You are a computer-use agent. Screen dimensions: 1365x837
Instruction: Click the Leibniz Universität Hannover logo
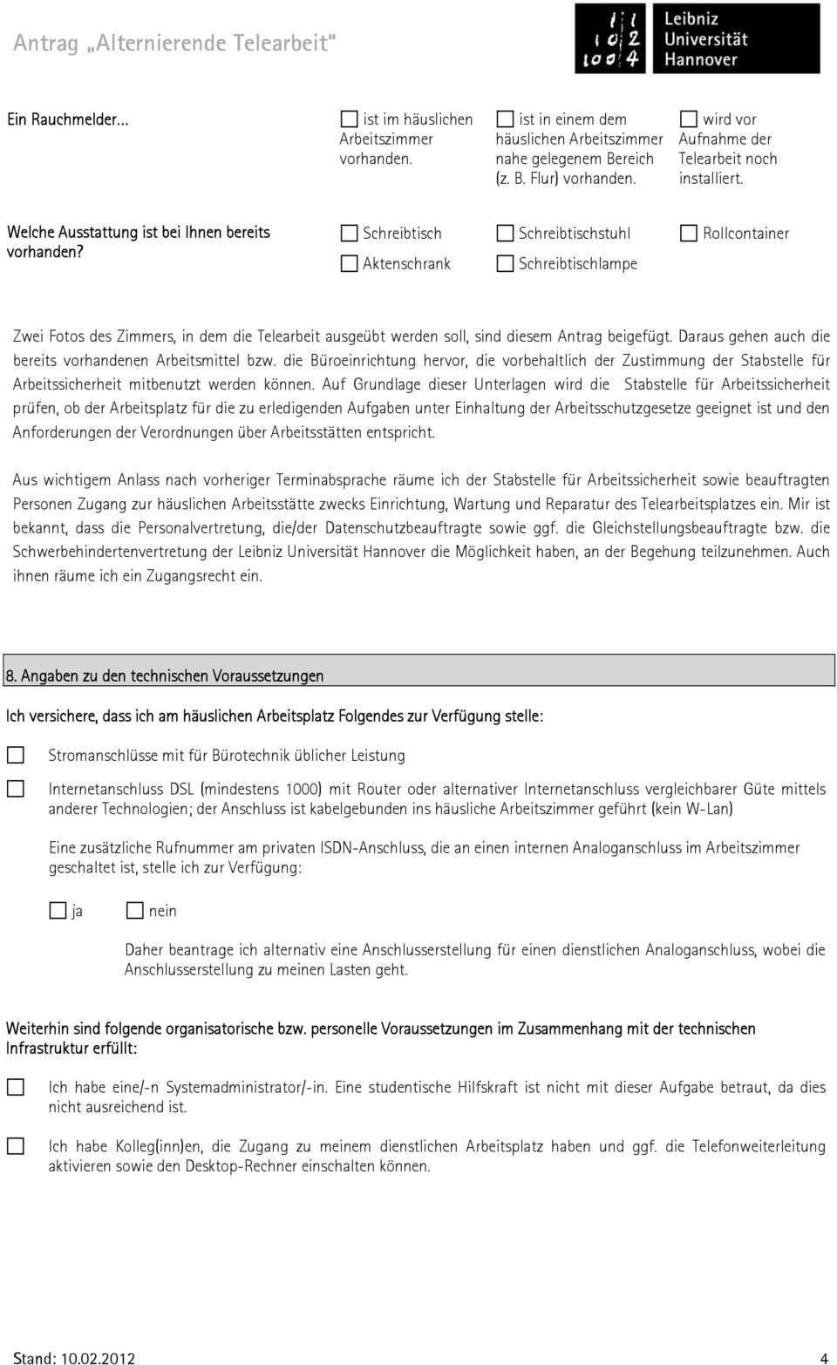point(697,38)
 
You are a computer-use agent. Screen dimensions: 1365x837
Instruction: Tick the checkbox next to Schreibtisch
point(349,233)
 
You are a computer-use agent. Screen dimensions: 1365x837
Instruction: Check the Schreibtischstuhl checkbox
point(505,233)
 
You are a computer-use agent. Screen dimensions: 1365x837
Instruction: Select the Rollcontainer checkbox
point(689,233)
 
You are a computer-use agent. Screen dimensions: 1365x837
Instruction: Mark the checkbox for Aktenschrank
point(349,263)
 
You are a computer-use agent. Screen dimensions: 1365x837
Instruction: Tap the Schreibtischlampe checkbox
point(505,263)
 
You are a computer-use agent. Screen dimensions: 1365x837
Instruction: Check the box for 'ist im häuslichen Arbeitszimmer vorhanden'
point(349,119)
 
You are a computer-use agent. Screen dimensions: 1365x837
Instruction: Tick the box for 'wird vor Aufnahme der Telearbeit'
point(689,119)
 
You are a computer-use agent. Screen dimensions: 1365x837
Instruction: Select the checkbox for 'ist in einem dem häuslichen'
point(505,119)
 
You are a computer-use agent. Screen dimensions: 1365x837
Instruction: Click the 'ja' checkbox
point(58,910)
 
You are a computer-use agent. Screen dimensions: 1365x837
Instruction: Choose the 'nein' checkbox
point(134,910)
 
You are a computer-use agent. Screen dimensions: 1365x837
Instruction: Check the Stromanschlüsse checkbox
point(16,755)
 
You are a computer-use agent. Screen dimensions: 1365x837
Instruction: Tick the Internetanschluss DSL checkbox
point(16,788)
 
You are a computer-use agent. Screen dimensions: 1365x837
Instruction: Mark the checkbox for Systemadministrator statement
point(16,1087)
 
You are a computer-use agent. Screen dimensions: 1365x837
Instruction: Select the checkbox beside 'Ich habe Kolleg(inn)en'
point(16,1146)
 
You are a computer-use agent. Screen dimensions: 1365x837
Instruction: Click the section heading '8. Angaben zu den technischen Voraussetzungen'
point(165,676)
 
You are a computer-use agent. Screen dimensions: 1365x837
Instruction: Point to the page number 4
point(824,1357)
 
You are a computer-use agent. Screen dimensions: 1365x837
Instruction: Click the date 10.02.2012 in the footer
point(98,1357)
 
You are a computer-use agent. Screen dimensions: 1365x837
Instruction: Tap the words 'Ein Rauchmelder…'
point(68,119)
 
